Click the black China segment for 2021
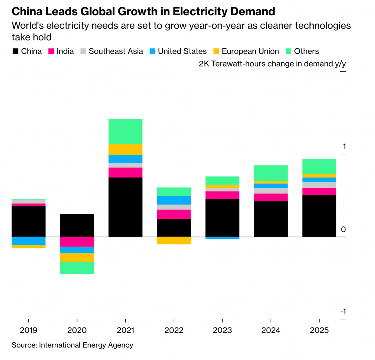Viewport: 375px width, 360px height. (125, 207)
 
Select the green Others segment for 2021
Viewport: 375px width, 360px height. (125, 132)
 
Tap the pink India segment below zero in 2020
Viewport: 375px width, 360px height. (77, 242)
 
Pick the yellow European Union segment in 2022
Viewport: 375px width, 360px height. (174, 240)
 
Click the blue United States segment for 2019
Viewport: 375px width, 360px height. (28, 241)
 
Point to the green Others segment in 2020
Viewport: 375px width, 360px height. (77, 268)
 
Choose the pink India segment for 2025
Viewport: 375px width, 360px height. (319, 192)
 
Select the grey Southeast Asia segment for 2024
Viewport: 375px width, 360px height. (271, 191)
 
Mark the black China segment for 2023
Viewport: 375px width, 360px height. (222, 218)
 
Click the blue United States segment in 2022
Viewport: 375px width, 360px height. (174, 200)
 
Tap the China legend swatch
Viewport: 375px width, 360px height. (15, 52)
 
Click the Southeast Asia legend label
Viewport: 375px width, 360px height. (116, 51)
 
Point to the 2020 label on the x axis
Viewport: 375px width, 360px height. (77, 330)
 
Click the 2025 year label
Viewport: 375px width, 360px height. (319, 330)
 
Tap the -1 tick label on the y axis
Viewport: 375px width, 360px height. (343, 312)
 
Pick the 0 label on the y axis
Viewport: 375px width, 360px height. (343, 229)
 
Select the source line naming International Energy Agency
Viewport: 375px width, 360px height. (72, 345)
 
